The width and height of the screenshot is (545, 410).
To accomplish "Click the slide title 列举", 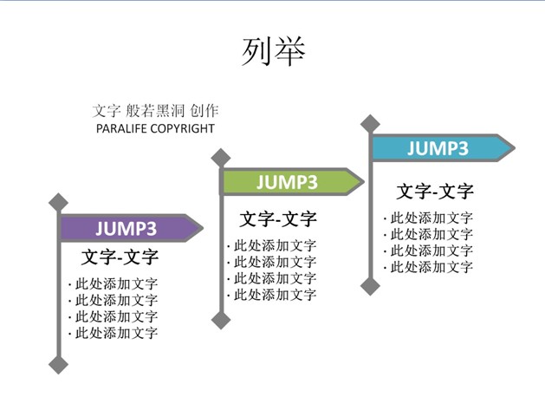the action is click(274, 52).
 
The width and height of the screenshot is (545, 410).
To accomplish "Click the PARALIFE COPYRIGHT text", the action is click(155, 128).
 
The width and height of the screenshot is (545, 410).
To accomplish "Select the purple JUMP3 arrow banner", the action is click(131, 228).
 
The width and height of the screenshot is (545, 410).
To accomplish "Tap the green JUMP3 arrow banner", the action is click(292, 181).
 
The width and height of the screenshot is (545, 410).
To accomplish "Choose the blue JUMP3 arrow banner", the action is click(442, 148).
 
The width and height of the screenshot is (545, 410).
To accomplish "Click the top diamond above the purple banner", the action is click(58, 203).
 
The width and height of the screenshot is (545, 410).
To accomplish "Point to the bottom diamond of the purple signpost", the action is click(58, 364).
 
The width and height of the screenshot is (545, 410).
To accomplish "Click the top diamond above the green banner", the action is click(221, 158).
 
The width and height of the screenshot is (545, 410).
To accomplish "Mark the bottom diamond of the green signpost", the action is click(221, 320).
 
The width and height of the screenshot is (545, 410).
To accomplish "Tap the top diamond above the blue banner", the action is click(371, 124).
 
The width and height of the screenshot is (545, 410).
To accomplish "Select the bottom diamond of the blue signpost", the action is click(371, 286).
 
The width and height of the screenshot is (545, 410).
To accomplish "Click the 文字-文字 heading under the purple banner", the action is click(120, 257).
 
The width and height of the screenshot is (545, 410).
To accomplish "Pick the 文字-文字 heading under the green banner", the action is click(278, 219).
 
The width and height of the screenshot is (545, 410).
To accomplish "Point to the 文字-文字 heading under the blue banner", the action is click(435, 192).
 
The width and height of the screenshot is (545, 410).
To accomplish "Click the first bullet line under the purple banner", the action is click(114, 284).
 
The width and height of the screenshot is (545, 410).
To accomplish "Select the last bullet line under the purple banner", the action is click(114, 333).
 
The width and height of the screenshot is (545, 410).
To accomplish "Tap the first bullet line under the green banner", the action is click(272, 246).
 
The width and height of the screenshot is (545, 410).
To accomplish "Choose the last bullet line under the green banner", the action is click(272, 295).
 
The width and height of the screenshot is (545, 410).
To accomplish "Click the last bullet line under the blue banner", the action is click(429, 267).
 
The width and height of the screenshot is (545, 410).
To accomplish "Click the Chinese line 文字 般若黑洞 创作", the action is click(155, 111).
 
